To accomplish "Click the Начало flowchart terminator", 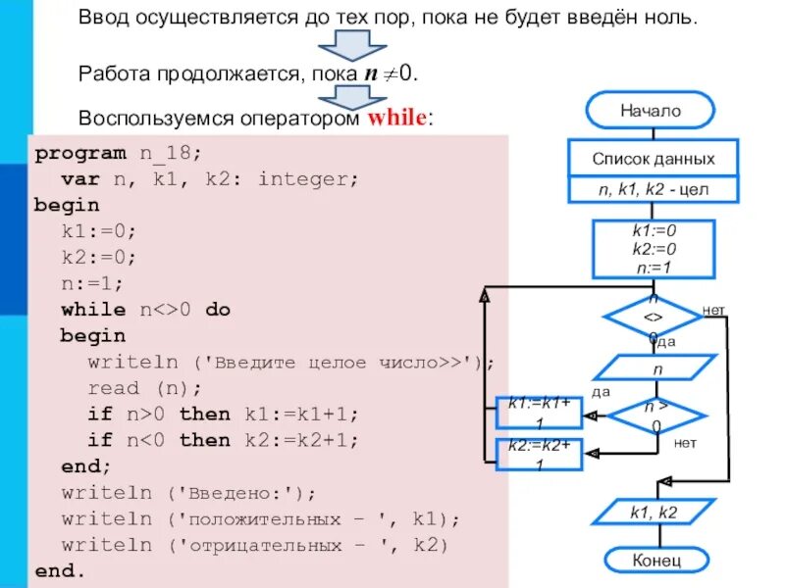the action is [x=650, y=111].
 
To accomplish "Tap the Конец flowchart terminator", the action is [x=654, y=560].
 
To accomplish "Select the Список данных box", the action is [x=653, y=158].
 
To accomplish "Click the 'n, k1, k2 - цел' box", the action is [x=653, y=189].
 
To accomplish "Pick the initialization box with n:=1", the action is [x=654, y=249].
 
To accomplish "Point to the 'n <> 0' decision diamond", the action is [x=653, y=318].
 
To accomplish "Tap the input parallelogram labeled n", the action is [x=654, y=369].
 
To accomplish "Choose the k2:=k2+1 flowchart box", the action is [x=540, y=454].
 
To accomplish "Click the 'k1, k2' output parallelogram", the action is [x=654, y=511].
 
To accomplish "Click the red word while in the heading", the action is [x=396, y=118].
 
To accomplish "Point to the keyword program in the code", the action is [x=80, y=153].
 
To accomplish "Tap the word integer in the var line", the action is [x=308, y=179].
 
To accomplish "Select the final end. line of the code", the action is [x=60, y=570].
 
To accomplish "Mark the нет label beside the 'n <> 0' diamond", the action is [x=713, y=311].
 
